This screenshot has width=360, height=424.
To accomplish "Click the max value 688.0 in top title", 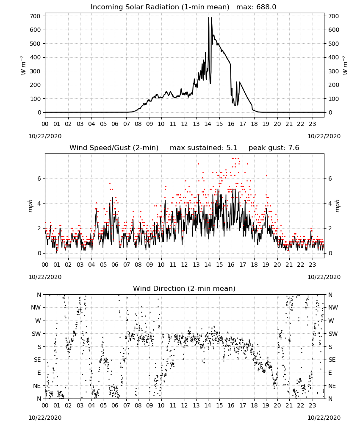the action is (266, 7).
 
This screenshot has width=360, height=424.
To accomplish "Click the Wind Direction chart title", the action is (184, 288).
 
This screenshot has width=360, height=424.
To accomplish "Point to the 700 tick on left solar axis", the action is (35, 16).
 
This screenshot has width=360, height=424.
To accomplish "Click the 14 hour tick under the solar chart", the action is (208, 124).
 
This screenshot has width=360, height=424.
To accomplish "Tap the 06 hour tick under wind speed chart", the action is (115, 265).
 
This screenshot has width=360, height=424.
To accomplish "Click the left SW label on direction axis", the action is (36, 334).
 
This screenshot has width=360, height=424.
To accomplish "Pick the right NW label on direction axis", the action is (333, 308).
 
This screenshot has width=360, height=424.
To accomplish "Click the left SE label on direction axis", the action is (37, 360).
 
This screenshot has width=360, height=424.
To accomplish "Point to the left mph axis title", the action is (30, 206).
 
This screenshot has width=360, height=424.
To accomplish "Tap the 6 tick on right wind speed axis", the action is (330, 179).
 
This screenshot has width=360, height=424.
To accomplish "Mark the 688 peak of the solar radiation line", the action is (208, 17).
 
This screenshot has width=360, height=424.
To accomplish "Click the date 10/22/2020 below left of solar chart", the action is (45, 136).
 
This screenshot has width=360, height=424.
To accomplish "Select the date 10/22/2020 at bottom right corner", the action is (324, 418).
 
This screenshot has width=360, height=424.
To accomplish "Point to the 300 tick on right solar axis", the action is (334, 71).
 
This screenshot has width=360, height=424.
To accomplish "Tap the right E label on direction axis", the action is (330, 373).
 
